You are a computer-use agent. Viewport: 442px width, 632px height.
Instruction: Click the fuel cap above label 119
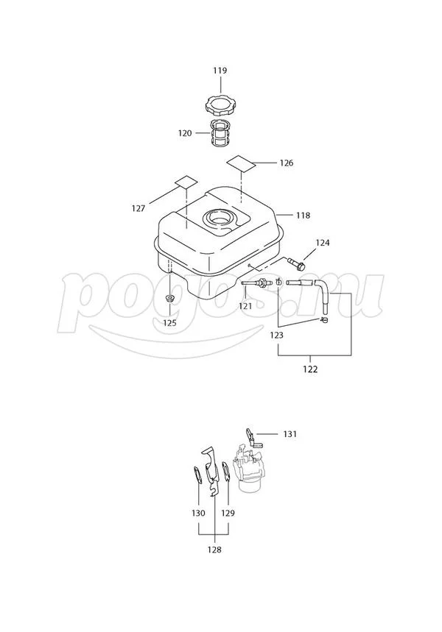tap(220, 106)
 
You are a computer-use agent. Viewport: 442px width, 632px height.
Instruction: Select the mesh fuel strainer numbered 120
tap(220, 132)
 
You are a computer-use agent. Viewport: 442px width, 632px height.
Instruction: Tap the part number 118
tap(303, 216)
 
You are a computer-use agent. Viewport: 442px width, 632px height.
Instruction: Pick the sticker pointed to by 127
tap(186, 182)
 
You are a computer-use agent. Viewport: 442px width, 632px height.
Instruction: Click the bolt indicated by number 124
tap(296, 263)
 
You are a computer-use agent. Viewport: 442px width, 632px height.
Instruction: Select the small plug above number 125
tap(169, 299)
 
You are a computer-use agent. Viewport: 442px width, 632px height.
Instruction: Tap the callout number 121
tap(245, 306)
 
